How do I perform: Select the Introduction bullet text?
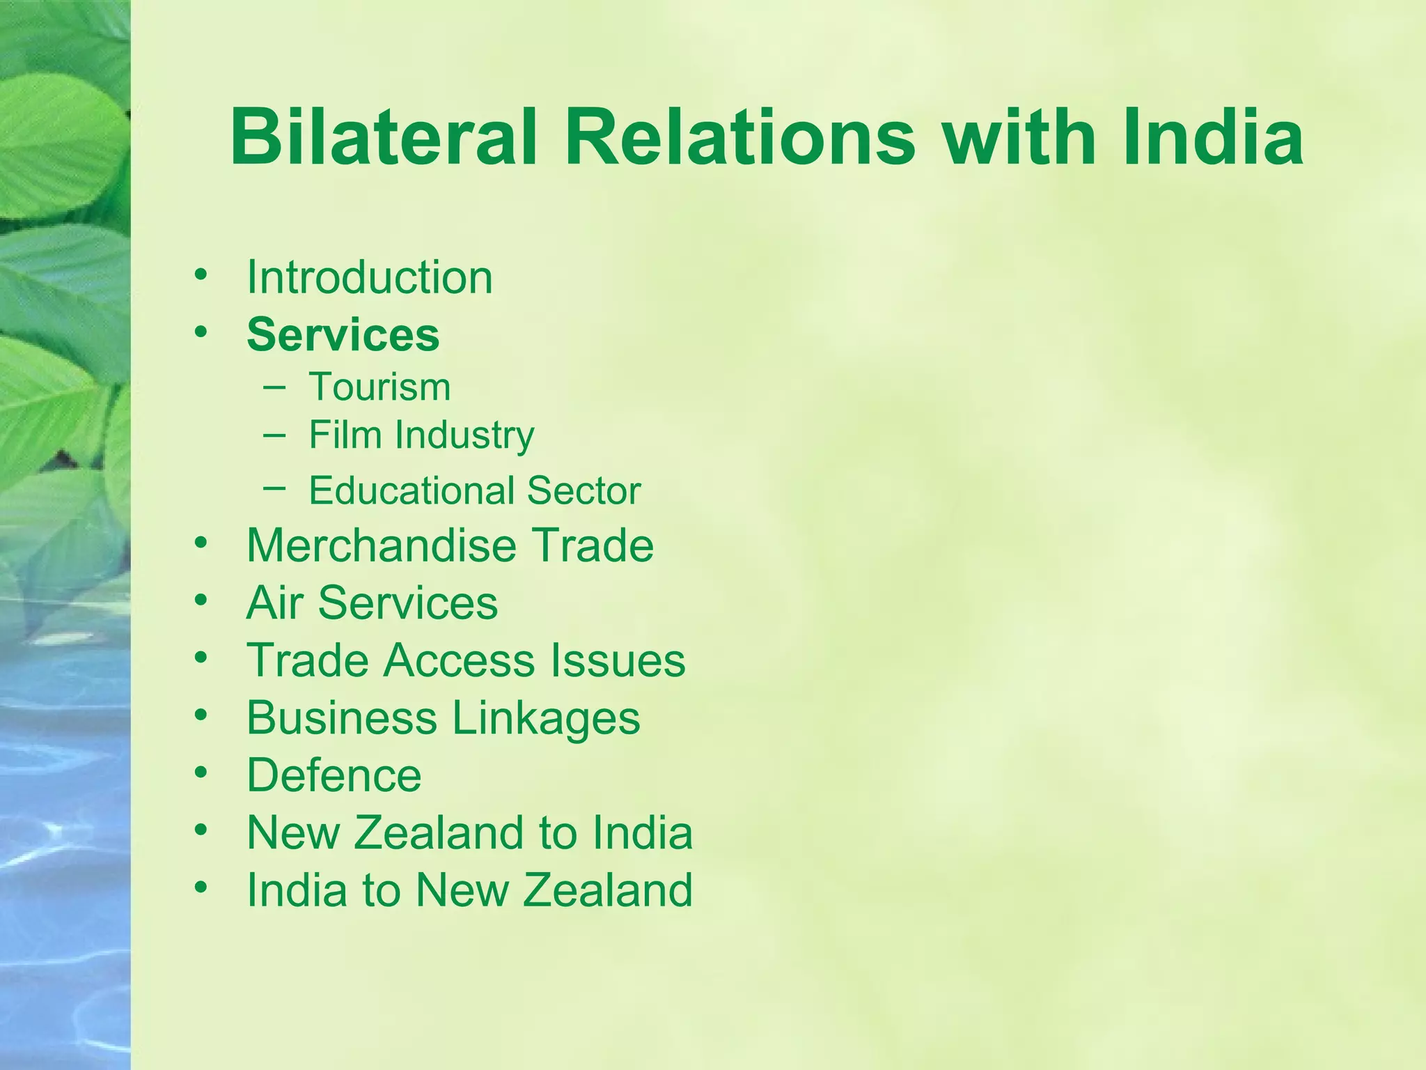[370, 278]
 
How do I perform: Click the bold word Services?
[343, 335]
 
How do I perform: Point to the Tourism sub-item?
[379, 387]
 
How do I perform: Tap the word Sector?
[583, 490]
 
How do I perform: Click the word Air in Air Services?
[274, 603]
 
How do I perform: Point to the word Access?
[460, 660]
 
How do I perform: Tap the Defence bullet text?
[334, 775]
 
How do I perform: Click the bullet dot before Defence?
[201, 772]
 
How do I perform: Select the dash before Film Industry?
[274, 435]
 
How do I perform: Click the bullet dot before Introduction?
[201, 274]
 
